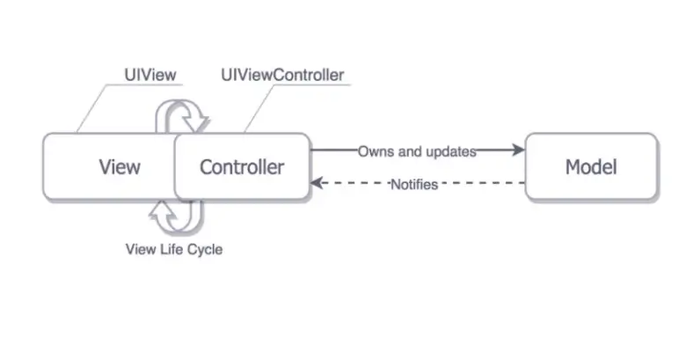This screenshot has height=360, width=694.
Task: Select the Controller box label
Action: click(242, 166)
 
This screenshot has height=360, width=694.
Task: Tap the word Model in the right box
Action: click(590, 166)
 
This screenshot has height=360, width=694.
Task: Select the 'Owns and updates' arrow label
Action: click(416, 151)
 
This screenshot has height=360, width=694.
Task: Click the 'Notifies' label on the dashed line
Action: click(413, 184)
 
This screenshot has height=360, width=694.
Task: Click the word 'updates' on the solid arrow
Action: click(450, 151)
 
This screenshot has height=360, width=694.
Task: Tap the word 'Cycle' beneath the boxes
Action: click(204, 249)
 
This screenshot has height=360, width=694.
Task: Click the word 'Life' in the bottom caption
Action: click(170, 249)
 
